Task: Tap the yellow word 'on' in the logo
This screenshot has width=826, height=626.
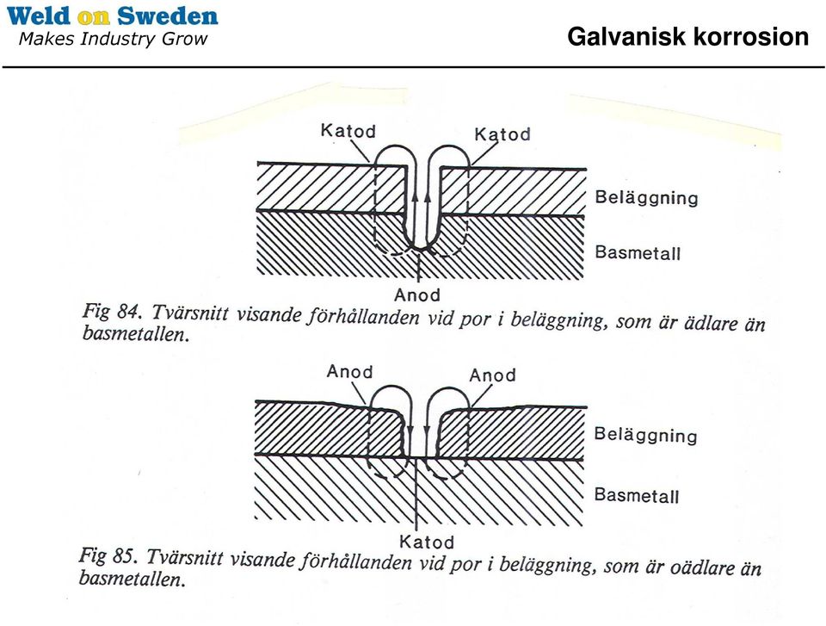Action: [93, 17]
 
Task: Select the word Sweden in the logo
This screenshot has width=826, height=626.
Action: [167, 15]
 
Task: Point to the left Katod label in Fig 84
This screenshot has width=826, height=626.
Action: [348, 130]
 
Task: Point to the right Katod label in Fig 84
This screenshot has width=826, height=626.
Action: [502, 134]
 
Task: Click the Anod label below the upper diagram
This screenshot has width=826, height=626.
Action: [416, 294]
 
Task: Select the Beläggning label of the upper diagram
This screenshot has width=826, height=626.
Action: [646, 198]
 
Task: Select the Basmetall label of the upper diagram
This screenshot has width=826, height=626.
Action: [638, 252]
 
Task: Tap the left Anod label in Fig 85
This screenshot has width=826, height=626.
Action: [349, 371]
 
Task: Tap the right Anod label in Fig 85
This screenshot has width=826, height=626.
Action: [492, 375]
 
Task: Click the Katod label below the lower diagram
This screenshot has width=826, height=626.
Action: [426, 542]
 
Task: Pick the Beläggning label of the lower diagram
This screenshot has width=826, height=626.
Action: [645, 435]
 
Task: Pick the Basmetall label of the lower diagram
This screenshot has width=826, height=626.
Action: [637, 495]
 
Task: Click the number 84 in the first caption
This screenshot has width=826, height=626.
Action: [128, 312]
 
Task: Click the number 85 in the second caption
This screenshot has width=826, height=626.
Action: [125, 556]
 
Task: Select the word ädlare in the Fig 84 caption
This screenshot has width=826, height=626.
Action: [712, 323]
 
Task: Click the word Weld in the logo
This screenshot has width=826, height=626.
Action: [38, 15]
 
